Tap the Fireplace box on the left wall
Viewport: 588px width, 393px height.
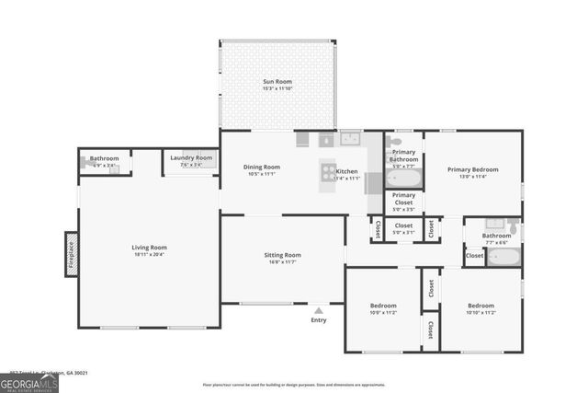click(x=70, y=253)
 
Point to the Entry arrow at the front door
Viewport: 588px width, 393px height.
click(x=319, y=310)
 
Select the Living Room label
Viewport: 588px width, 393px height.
click(x=149, y=247)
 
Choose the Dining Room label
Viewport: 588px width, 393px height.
click(x=261, y=167)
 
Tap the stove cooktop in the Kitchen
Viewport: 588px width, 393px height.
click(x=328, y=170)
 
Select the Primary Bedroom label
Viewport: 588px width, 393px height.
click(x=472, y=169)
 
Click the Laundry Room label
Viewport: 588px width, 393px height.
click(x=191, y=158)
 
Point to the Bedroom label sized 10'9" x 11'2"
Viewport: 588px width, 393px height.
click(x=383, y=305)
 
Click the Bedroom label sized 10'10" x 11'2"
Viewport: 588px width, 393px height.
click(x=481, y=305)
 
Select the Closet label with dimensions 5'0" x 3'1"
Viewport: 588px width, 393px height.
click(x=403, y=225)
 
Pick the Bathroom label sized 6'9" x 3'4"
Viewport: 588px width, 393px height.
click(x=104, y=158)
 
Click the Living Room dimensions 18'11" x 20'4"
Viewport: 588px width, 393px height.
click(x=149, y=254)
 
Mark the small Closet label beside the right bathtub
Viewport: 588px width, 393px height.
click(x=474, y=254)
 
